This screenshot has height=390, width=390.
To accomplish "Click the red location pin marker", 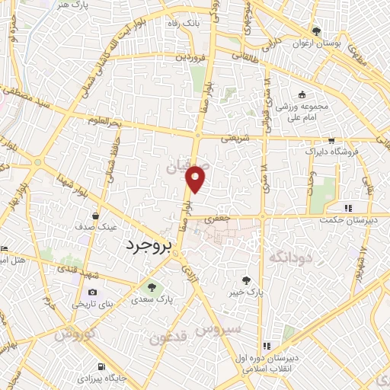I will (197, 177).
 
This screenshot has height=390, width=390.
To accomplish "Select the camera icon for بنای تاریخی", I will (93, 292).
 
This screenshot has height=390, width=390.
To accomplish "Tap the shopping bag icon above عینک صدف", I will (94, 216).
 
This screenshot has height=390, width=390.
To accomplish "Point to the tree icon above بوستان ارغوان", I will (315, 30).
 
